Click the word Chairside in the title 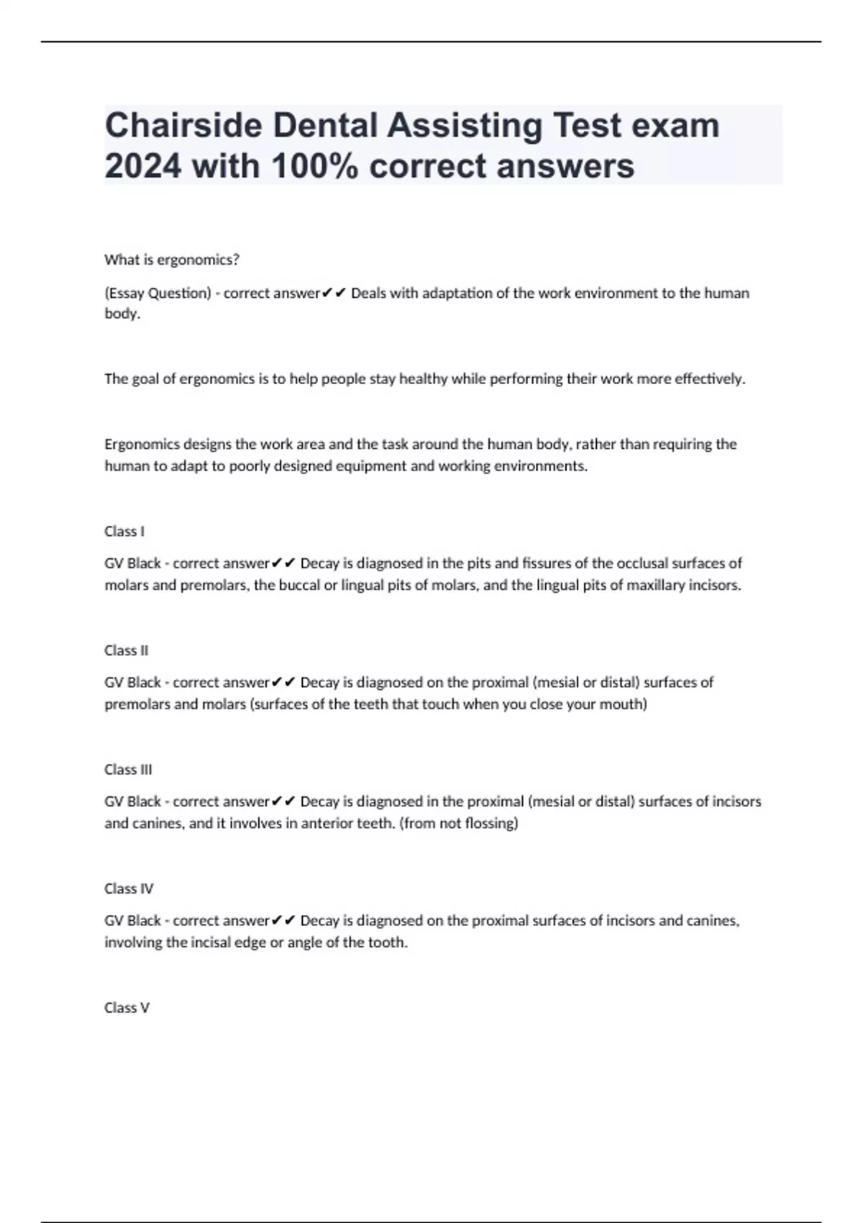[x=183, y=126]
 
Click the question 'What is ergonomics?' [x=172, y=260]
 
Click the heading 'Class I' [x=124, y=531]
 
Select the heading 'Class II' [x=127, y=650]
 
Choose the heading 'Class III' [x=128, y=769]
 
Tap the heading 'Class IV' [x=129, y=888]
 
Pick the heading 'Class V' [x=127, y=1007]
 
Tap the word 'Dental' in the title [x=325, y=126]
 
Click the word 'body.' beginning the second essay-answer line [x=122, y=314]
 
